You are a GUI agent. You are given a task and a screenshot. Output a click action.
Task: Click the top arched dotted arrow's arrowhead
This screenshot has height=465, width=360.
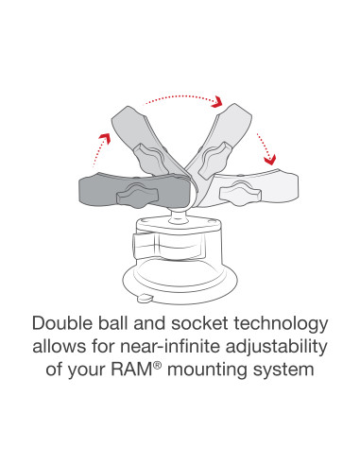point(216,100)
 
